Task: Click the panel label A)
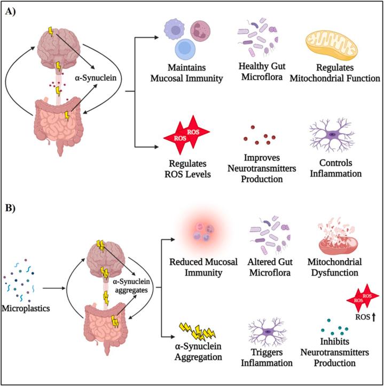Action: (x=12, y=12)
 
